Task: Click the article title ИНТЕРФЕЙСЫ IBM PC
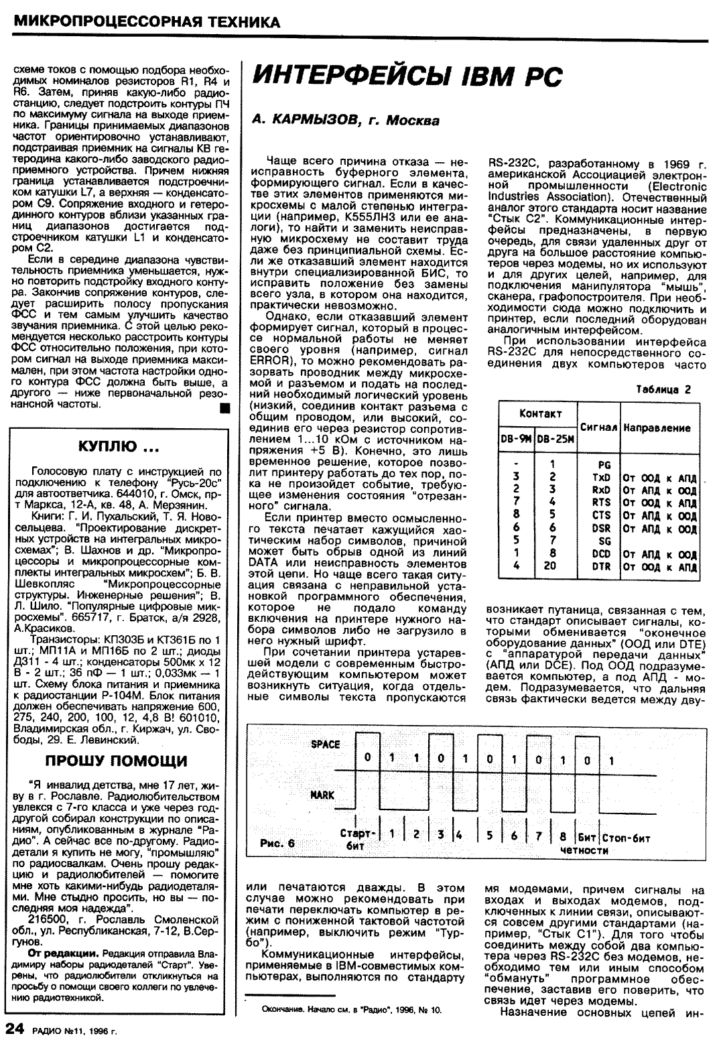[x=406, y=79]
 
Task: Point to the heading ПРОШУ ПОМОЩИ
[x=116, y=761]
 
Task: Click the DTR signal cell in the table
[x=602, y=567]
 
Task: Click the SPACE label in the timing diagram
[x=326, y=744]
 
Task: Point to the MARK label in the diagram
[x=323, y=795]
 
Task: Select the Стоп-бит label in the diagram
[x=627, y=838]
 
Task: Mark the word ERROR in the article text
[x=265, y=359]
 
